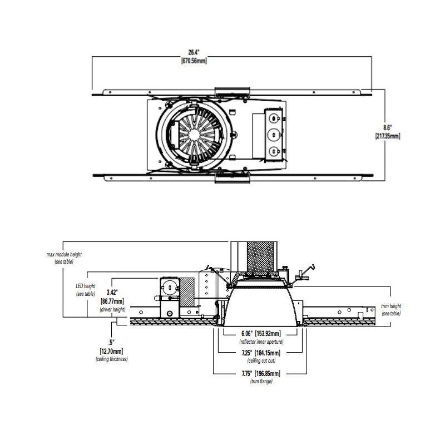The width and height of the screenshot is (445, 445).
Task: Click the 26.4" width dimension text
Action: (x=194, y=52)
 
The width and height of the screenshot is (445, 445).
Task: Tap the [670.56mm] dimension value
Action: (x=194, y=61)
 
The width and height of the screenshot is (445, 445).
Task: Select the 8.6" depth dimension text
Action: (x=388, y=128)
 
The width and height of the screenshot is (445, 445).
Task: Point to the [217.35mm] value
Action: (x=388, y=136)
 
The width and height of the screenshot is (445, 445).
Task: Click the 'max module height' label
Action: (x=64, y=255)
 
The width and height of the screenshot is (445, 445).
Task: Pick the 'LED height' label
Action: (x=86, y=286)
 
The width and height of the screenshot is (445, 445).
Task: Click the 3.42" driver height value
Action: (x=112, y=292)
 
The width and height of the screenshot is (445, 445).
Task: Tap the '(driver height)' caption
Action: (x=113, y=309)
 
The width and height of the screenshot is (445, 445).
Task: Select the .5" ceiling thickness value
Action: (x=111, y=343)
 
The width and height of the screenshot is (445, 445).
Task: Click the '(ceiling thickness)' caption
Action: (x=112, y=359)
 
